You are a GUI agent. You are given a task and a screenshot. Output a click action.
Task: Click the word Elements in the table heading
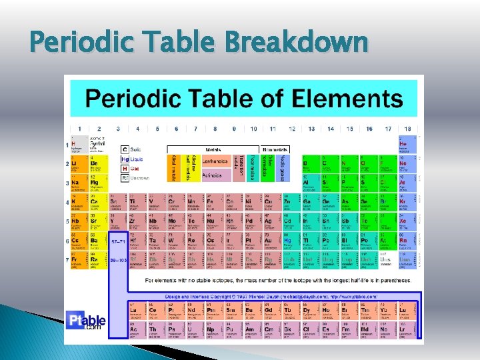pyautogui.click(x=357, y=99)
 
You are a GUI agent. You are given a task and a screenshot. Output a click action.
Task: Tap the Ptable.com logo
pyautogui.click(x=85, y=322)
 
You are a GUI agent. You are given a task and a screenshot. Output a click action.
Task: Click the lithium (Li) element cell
pyautogui.click(x=79, y=163)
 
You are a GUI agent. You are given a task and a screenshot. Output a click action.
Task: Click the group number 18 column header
pyautogui.click(x=407, y=129)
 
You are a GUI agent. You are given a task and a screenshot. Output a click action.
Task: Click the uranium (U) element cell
pyautogui.click(x=176, y=329)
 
